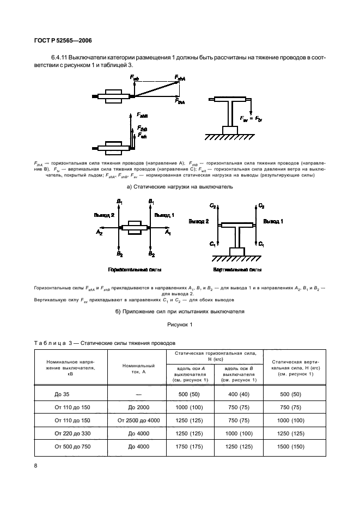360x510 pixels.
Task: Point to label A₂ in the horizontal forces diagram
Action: tap(99, 233)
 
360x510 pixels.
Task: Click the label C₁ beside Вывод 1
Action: tap(261, 244)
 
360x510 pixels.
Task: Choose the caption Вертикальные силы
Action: tap(237, 270)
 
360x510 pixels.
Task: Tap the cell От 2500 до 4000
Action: tap(138, 420)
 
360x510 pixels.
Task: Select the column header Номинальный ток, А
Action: tap(138, 368)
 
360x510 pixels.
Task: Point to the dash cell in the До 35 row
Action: tap(138, 393)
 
